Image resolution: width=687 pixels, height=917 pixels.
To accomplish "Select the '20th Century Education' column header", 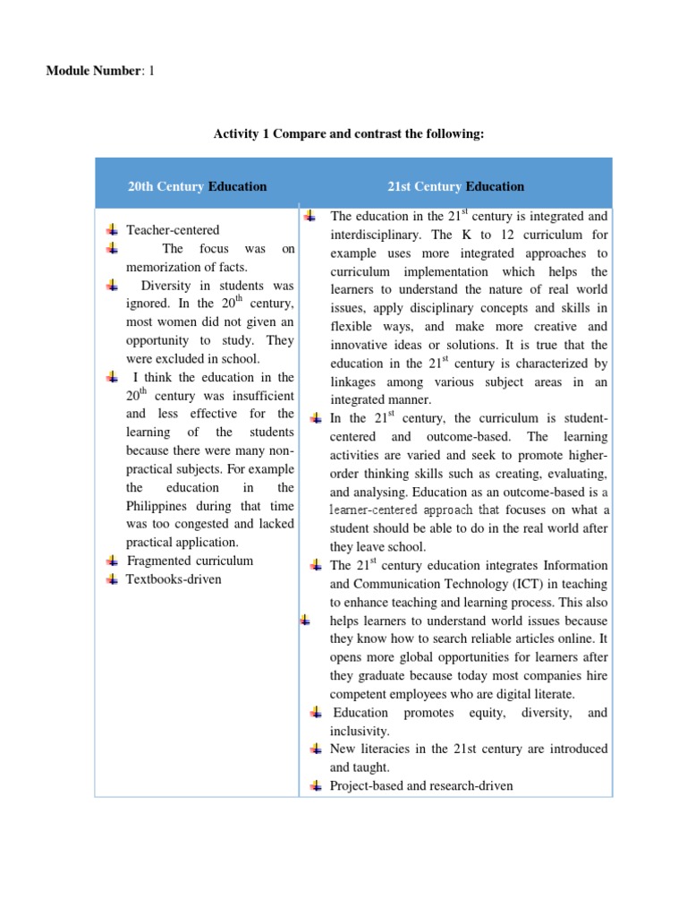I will pos(197,186).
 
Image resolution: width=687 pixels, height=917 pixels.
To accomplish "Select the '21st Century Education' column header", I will pos(455,186).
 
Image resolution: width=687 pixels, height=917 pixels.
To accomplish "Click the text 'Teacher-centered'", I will pos(173,230).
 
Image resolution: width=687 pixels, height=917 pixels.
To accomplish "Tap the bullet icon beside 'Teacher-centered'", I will pos(112,230).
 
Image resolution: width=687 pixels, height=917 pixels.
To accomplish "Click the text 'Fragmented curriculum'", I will pos(190,561).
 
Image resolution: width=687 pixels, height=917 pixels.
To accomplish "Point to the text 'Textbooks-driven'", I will pos(174,579).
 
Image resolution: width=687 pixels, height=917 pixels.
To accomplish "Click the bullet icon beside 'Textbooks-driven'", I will pos(112,579).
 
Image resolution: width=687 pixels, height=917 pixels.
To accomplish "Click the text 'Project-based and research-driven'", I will pos(421,785).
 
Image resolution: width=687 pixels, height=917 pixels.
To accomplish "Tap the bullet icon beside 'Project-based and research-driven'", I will pos(315,785).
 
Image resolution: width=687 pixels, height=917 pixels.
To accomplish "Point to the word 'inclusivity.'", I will pos(360,731).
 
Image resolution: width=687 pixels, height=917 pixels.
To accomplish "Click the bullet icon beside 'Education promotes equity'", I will pos(315,713).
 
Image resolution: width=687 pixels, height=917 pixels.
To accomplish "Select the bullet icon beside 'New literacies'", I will pos(315,749).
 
